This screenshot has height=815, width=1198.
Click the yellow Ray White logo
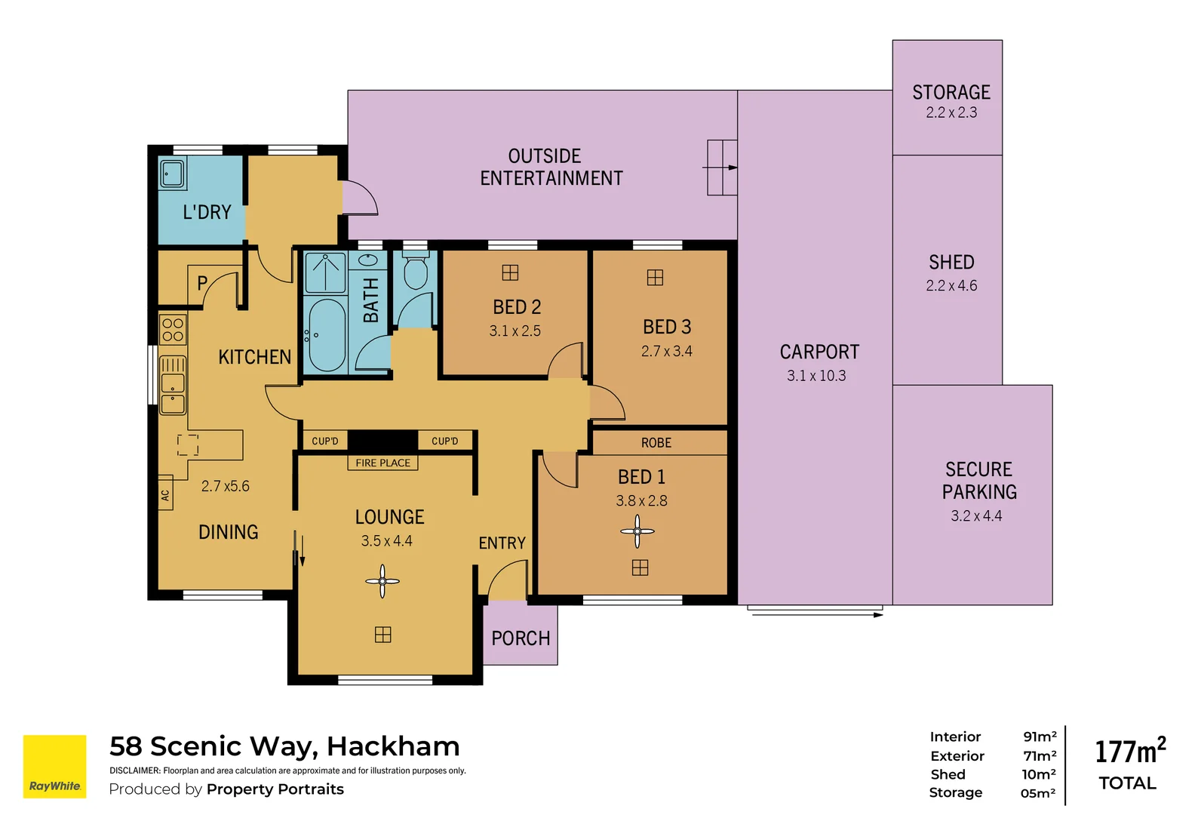tap(54, 766)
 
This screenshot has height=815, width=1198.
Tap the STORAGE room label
tap(951, 92)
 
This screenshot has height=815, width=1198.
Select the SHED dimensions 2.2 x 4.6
tap(951, 286)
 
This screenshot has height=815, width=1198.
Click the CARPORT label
tap(819, 352)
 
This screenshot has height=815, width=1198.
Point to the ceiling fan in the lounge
tap(382, 581)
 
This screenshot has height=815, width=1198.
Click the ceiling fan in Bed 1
tap(637, 532)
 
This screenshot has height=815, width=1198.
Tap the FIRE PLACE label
tap(382, 463)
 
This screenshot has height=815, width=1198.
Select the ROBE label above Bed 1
tap(656, 443)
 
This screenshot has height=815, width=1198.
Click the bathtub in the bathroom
tap(327, 336)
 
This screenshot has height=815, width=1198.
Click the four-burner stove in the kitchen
tap(173, 330)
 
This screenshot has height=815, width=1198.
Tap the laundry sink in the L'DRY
tap(172, 174)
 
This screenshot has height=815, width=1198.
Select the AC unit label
tap(165, 495)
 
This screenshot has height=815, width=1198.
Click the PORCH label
tap(521, 638)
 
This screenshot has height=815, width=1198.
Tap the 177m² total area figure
tap(1129, 752)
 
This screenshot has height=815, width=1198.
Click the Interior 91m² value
tap(1040, 737)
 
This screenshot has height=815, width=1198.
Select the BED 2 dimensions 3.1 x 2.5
tap(515, 331)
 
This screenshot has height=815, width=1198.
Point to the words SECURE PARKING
tap(979, 481)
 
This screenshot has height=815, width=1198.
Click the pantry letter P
tap(202, 283)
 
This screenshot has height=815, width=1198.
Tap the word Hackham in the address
tap(393, 746)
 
